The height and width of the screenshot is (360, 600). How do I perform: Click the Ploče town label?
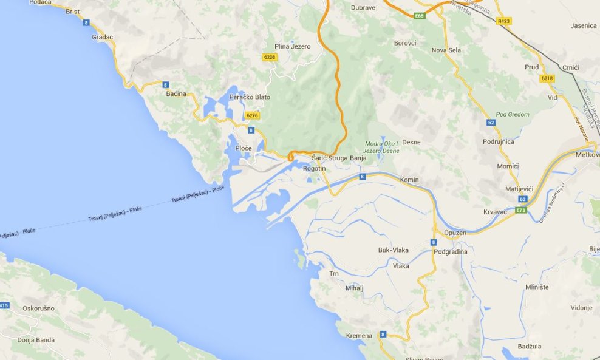click(x=243, y=148)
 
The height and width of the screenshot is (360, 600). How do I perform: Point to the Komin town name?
click(x=409, y=180)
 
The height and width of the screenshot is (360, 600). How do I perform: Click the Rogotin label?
click(x=314, y=168)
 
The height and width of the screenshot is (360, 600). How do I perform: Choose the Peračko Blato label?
click(x=250, y=97)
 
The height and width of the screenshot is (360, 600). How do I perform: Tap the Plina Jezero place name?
click(x=292, y=46)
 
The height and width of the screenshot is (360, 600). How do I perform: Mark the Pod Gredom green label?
click(x=512, y=114)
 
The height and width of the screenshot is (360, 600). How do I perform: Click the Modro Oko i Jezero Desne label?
click(x=381, y=147)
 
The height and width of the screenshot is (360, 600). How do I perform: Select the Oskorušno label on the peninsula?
click(x=38, y=308)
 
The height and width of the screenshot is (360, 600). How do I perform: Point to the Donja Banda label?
click(x=36, y=340)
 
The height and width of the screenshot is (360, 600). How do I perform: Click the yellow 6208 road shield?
click(x=269, y=57)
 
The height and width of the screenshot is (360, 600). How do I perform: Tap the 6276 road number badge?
click(x=252, y=115)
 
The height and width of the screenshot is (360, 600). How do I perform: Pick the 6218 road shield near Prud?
click(x=547, y=78)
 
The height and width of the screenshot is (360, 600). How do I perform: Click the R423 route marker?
click(x=503, y=21)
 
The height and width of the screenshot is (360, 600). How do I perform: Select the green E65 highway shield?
click(x=419, y=16)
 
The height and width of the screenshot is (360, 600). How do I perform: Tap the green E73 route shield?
click(x=521, y=211)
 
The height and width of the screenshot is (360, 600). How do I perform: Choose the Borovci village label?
click(x=405, y=43)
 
